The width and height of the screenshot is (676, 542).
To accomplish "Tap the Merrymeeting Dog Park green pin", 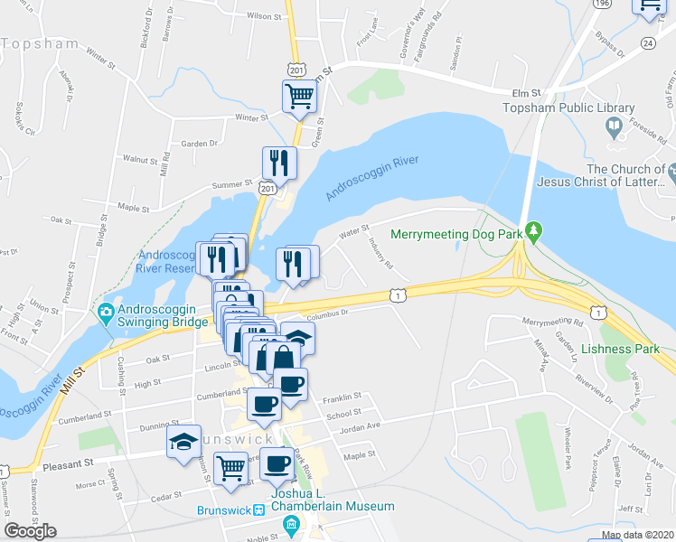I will click(x=534, y=232).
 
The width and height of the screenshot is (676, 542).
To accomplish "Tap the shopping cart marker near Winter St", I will click(x=299, y=95).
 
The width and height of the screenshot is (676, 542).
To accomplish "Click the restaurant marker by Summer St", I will click(x=278, y=163).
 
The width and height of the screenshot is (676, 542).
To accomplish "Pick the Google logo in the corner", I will click(x=30, y=531).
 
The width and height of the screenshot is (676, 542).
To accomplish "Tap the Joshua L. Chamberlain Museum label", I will click(x=332, y=506).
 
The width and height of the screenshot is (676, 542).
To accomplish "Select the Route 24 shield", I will click(x=647, y=42).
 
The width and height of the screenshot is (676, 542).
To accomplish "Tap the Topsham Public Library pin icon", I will click(x=615, y=127).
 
